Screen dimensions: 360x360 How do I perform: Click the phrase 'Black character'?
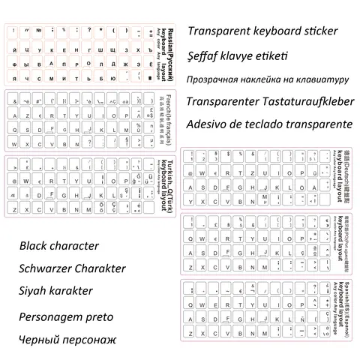(x=59, y=245)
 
